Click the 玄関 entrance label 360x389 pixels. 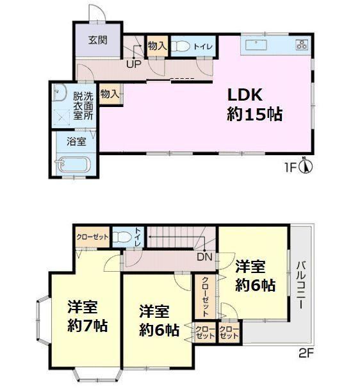point(97,40)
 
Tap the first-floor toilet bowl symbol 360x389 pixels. point(180,46)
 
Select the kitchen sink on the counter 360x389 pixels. point(256,45)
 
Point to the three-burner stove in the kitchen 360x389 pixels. point(302,45)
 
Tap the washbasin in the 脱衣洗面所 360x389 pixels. point(60,92)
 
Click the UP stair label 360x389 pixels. point(134,65)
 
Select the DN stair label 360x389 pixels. point(204,257)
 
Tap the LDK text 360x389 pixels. point(245,95)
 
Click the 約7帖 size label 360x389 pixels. point(87,326)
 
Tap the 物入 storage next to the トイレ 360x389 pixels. point(158,46)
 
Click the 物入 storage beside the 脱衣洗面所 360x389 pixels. point(110,94)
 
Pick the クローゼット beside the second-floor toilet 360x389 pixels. point(92,237)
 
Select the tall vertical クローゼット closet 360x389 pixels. point(206,297)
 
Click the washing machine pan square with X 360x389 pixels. point(61,117)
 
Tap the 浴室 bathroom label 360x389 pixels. point(76,142)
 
